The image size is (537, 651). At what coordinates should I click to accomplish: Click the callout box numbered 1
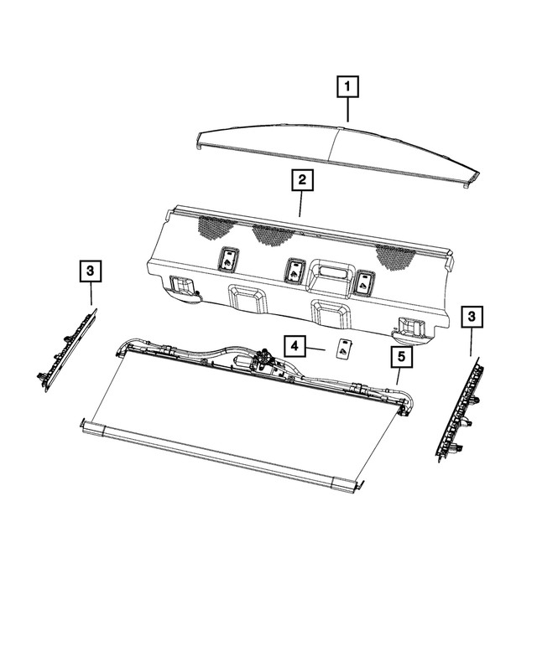(x=348, y=86)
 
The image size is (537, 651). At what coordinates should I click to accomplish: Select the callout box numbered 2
(x=301, y=180)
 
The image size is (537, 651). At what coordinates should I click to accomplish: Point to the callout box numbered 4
(x=294, y=344)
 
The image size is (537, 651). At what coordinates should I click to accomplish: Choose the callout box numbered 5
(x=402, y=359)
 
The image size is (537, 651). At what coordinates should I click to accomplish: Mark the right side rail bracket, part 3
(x=461, y=406)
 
